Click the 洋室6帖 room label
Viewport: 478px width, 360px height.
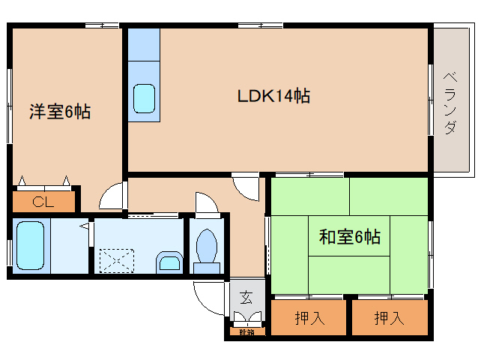[60, 112]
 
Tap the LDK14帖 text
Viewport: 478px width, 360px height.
[274, 96]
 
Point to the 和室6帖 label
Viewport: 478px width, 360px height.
[350, 238]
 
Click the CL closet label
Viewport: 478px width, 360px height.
[43, 201]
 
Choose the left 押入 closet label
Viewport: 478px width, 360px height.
[309, 318]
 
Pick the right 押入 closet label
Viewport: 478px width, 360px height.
[389, 318]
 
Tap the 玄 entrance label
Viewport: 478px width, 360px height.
[246, 297]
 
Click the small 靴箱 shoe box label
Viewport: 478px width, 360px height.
[245, 331]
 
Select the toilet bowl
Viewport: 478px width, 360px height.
[205, 246]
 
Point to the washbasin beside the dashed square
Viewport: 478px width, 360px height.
[169, 262]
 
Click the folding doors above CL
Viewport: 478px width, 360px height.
[45, 181]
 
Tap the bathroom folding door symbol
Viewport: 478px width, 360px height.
[86, 225]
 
